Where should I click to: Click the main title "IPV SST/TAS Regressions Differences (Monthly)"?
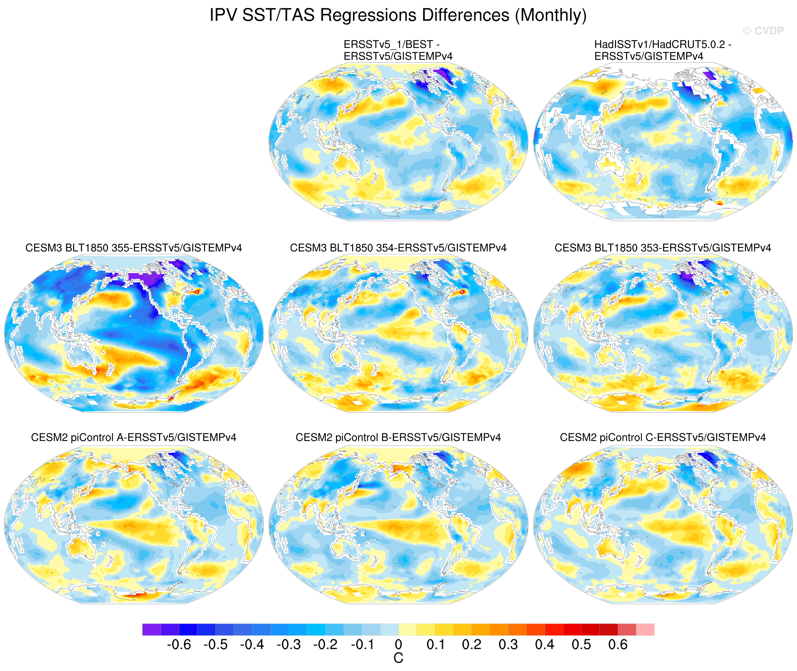pos(398,16)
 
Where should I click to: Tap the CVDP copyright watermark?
pos(763,31)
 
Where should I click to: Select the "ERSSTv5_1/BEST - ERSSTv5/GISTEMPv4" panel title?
pos(398,50)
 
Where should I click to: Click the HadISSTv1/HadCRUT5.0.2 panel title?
pos(663,50)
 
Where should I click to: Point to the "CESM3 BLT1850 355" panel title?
pos(134,248)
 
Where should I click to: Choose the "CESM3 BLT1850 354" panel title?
pos(398,248)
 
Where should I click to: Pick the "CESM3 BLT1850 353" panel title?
pos(663,248)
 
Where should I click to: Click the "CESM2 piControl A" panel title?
pos(134,438)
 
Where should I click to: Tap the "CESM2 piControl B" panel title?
pos(398,438)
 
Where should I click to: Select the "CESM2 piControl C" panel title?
pos(663,438)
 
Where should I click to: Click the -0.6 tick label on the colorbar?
pos(179,644)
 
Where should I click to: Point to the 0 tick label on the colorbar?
pos(398,644)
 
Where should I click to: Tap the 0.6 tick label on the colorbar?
pos(618,644)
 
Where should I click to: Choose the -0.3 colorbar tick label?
pos(288,644)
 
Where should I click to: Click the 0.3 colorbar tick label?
pos(508,644)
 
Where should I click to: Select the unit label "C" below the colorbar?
pos(398,658)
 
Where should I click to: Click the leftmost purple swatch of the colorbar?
pos(151,629)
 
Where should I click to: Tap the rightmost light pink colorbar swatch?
pos(645,629)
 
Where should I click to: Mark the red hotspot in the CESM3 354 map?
pos(462,292)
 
